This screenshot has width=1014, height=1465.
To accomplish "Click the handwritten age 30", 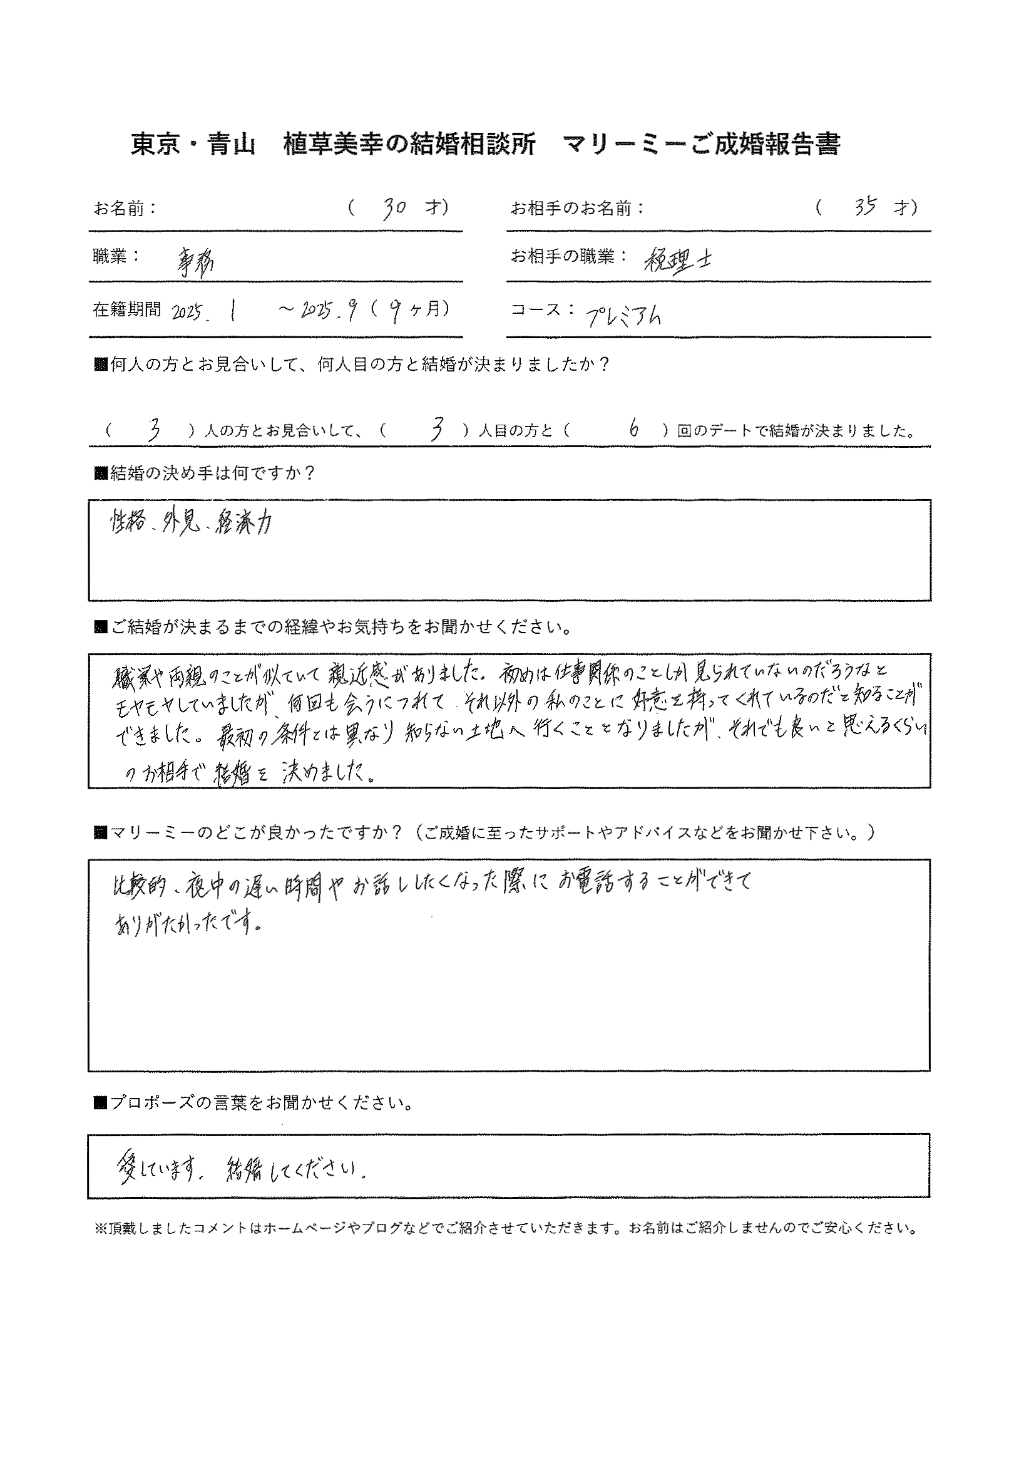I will click(x=394, y=209).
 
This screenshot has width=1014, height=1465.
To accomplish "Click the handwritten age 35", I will click(x=865, y=207).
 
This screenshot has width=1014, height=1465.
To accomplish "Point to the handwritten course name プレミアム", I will click(x=622, y=315).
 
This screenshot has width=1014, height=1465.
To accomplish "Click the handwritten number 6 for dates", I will click(x=633, y=430).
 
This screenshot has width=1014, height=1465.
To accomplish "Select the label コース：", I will click(x=544, y=310).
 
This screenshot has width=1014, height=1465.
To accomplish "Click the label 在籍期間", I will click(x=127, y=310).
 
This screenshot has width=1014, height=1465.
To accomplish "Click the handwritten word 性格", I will click(x=127, y=524).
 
